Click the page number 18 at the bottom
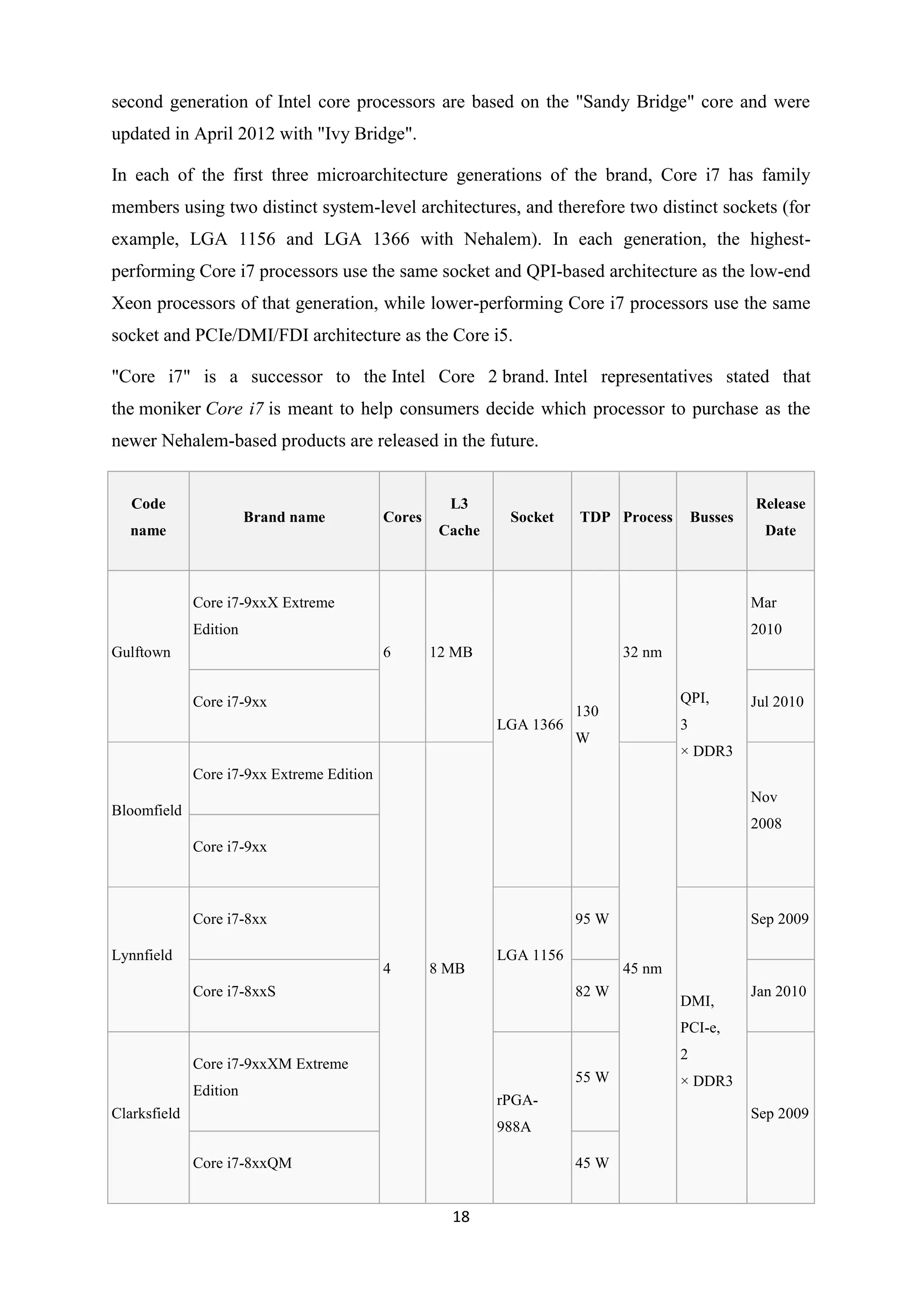coord(461,1217)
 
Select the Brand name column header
coord(284,517)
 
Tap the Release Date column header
coord(780,517)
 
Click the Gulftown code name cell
coord(141,652)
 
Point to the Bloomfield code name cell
coord(146,810)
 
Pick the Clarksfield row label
coord(145,1114)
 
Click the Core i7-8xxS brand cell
coord(234,992)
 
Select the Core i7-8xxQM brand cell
coord(242,1163)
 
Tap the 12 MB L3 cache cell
coord(451,652)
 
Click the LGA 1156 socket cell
coord(530,955)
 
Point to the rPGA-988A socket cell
coord(517,1114)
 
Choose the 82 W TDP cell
coord(592,992)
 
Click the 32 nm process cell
coord(642,652)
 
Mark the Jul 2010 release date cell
coord(777,702)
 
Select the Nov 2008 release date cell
coord(766,810)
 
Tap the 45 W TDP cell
coord(592,1163)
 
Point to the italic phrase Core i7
coord(235,409)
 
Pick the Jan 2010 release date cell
coord(778,992)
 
